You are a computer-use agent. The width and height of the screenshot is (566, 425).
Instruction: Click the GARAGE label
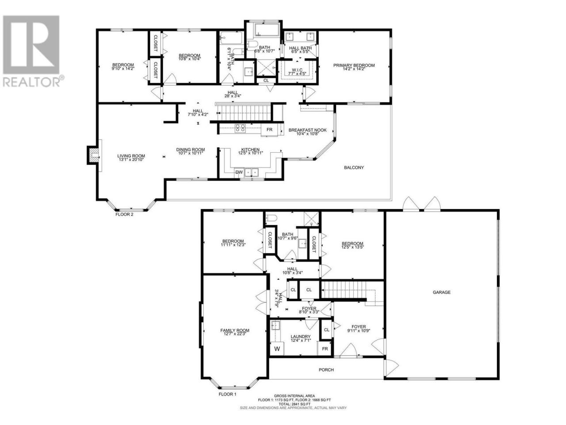tap(441, 292)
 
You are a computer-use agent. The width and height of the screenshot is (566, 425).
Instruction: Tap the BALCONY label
tap(353, 167)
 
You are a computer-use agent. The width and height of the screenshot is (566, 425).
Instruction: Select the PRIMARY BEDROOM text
tap(353, 65)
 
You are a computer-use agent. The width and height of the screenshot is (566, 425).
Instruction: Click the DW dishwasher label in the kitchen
tap(239, 172)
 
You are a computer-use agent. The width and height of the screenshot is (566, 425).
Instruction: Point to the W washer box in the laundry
tap(277, 349)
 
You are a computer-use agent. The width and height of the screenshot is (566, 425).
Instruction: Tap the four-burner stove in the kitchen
tap(240, 128)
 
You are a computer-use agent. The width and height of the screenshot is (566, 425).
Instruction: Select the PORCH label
tap(326, 370)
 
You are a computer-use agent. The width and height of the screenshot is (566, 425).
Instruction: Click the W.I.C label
tap(297, 70)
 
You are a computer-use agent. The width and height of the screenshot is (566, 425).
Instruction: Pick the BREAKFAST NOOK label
tap(307, 130)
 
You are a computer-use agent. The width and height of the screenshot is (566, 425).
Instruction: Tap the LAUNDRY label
tap(300, 336)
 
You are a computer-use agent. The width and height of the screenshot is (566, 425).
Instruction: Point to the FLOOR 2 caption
tap(124, 214)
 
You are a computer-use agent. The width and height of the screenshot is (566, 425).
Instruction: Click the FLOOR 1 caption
tap(227, 401)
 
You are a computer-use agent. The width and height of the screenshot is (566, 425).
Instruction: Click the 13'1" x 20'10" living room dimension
tap(131, 159)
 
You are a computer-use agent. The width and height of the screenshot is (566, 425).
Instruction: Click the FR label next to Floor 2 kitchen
tap(269, 130)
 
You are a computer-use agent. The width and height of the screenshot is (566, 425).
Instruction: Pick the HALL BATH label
tap(300, 48)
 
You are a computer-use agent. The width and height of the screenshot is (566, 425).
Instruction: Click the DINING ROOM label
tap(190, 150)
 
